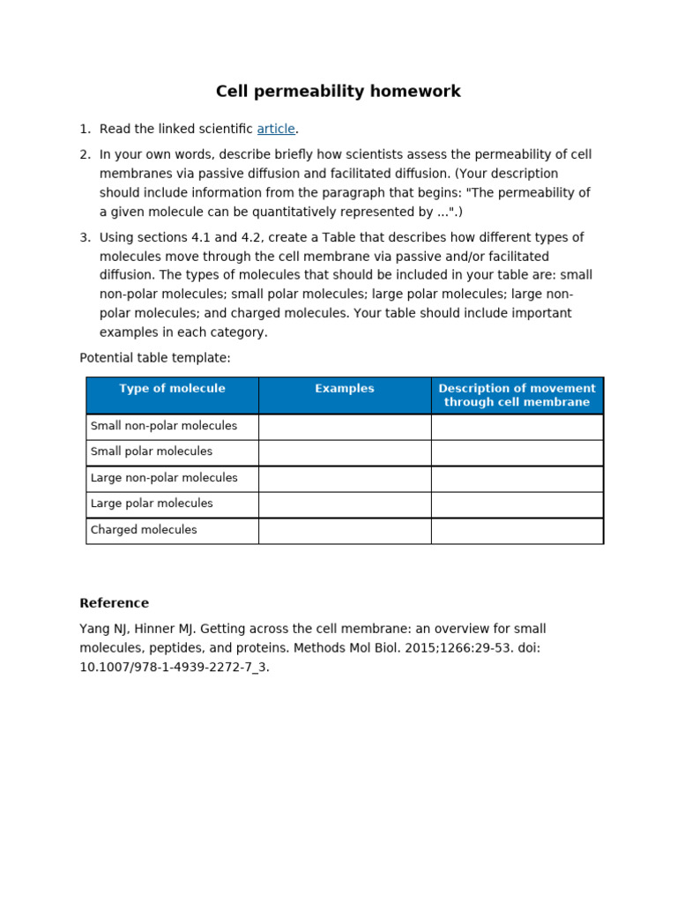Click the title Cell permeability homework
[338, 92]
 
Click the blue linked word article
[276, 129]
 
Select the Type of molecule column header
[172, 389]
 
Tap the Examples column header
[345, 389]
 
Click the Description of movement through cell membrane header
[517, 395]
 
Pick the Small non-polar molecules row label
[164, 426]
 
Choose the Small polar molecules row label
[152, 451]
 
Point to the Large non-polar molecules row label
[164, 478]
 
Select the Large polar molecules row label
[152, 504]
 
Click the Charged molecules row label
[144, 530]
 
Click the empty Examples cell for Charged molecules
[345, 531]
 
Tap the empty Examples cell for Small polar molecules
[345, 452]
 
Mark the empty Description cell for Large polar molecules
[517, 504]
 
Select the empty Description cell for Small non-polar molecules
[517, 427]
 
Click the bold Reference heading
[115, 603]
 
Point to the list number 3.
[85, 237]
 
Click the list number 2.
[85, 154]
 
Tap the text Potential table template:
[155, 358]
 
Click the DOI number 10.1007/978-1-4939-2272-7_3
[174, 667]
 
